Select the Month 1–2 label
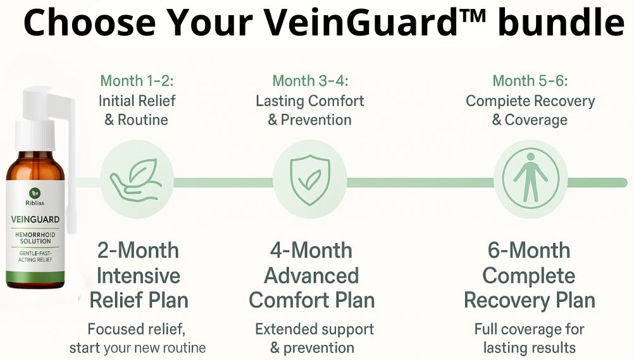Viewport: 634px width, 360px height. pyautogui.click(x=137, y=81)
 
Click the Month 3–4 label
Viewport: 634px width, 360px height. pyautogui.click(x=310, y=81)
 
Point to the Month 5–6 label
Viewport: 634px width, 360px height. pyautogui.click(x=530, y=81)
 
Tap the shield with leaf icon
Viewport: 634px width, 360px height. pyautogui.click(x=309, y=177)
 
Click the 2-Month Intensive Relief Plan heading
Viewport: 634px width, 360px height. pyautogui.click(x=139, y=275)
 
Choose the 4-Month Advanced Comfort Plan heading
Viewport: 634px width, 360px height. pyautogui.click(x=311, y=275)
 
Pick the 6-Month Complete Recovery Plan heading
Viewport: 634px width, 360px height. pyautogui.click(x=530, y=275)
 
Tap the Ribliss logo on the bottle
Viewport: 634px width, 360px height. pyautogui.click(x=35, y=194)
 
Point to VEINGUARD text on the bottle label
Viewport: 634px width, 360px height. pyautogui.click(x=35, y=220)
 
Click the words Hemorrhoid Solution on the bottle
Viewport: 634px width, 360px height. pyautogui.click(x=35, y=239)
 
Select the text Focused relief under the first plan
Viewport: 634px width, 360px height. pyautogui.click(x=137, y=329)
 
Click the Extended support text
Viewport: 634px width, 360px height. pyautogui.click(x=314, y=329)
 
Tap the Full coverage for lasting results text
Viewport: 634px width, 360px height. pyautogui.click(x=530, y=338)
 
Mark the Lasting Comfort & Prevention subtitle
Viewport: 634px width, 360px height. pyautogui.click(x=310, y=110)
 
